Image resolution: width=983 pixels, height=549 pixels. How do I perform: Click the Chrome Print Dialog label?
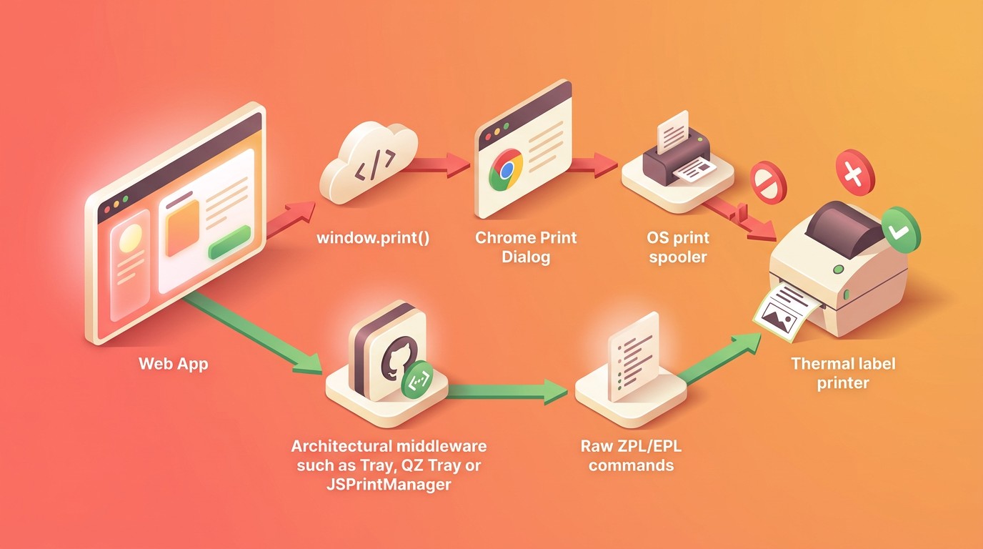526,247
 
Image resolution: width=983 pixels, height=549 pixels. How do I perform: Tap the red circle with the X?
854,172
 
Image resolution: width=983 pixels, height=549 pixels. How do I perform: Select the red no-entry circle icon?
768,182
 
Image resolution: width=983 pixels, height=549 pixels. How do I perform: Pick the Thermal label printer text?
843,373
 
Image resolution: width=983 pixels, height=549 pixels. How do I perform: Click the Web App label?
174,364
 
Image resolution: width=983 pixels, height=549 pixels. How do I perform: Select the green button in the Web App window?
229,242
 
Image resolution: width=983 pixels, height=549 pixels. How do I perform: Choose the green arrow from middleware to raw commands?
507,391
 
